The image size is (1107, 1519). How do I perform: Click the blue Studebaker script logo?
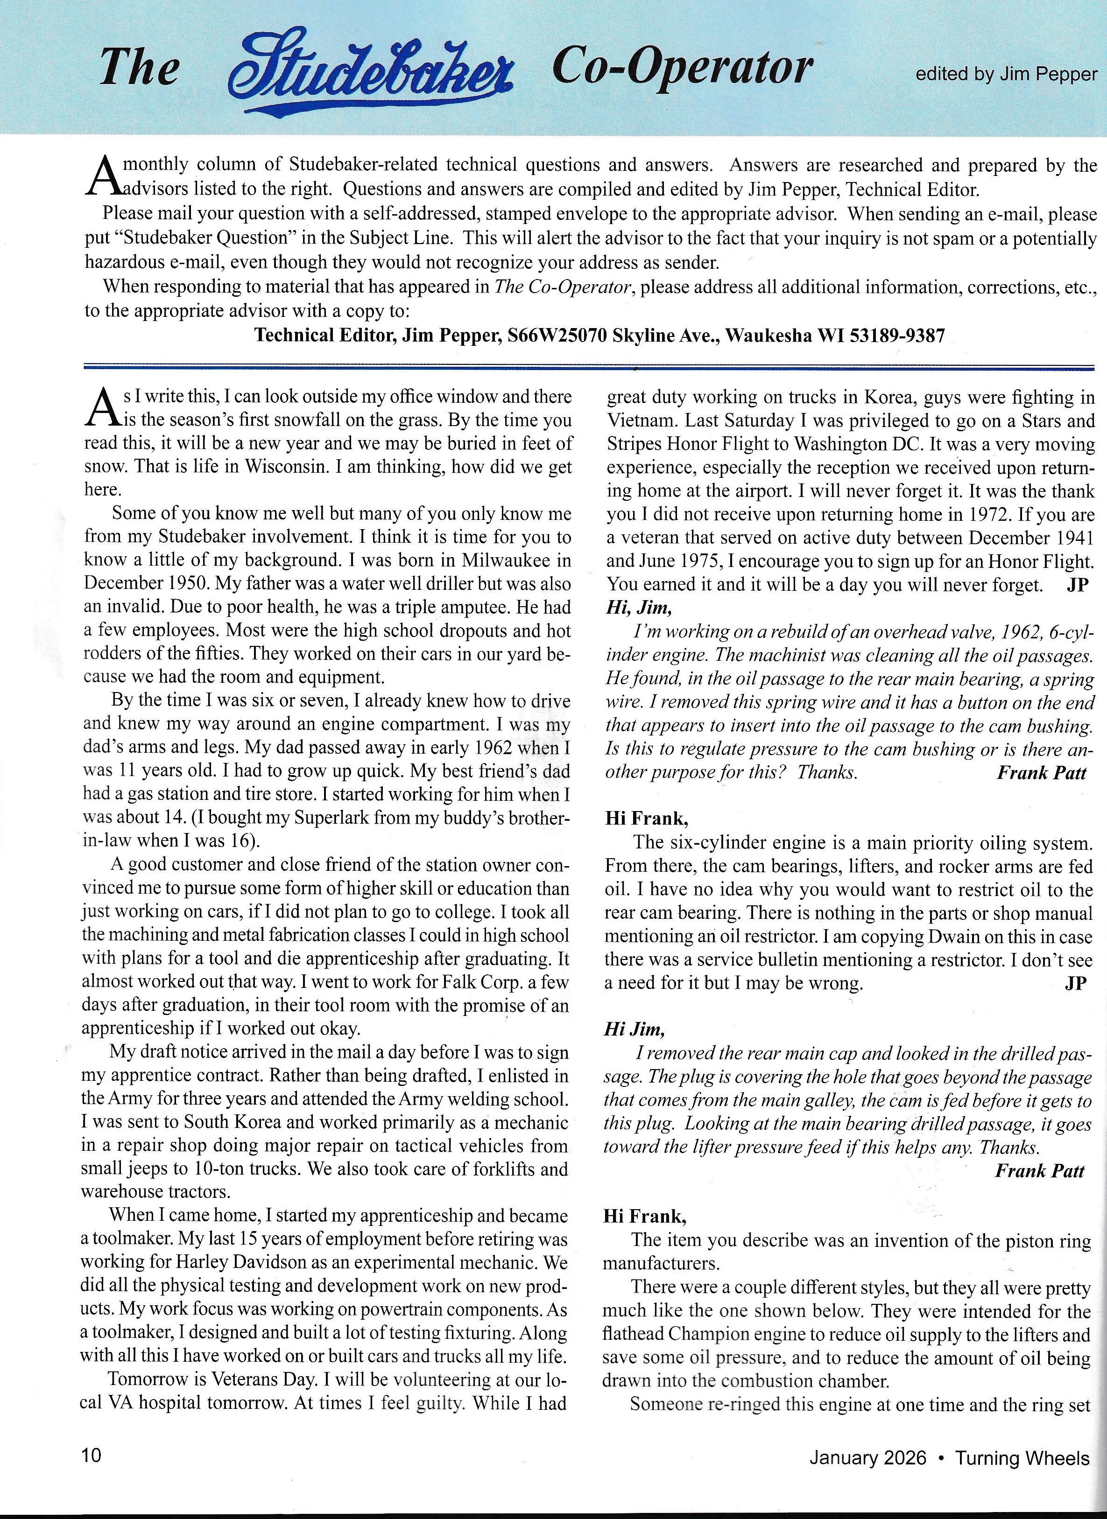pyautogui.click(x=371, y=71)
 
